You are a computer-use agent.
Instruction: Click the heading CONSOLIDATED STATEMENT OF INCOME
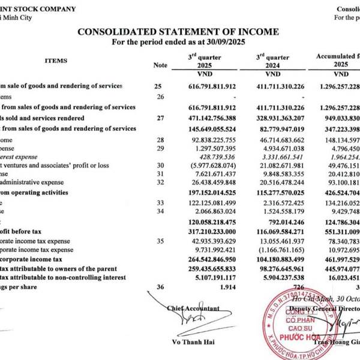tap(178, 31)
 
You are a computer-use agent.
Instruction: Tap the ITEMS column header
tap(56, 61)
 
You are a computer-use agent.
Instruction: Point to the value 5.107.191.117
tap(215, 277)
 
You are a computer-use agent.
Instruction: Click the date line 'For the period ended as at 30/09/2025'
tap(178, 42)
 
